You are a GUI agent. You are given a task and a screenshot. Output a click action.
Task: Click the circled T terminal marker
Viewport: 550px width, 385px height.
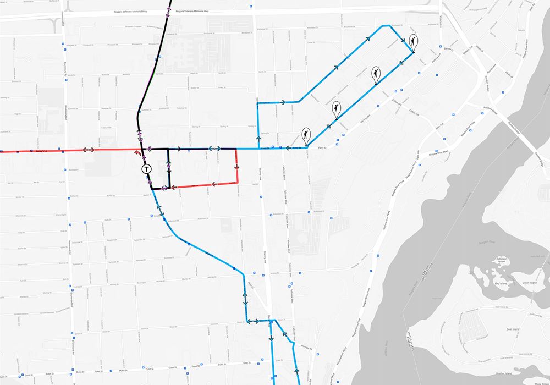point(146,169)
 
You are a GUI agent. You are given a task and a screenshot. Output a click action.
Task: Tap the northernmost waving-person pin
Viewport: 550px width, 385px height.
point(413,41)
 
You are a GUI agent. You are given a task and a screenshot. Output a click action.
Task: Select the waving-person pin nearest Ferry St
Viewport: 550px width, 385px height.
point(306,134)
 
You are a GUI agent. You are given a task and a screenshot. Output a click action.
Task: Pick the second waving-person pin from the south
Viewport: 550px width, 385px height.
point(337,108)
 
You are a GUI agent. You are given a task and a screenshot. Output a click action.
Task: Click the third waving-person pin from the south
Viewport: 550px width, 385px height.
point(376,74)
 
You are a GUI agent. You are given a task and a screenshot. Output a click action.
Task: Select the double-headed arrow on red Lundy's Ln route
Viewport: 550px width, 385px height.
point(89,150)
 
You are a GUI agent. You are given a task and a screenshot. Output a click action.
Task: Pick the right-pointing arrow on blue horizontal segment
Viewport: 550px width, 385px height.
point(284,102)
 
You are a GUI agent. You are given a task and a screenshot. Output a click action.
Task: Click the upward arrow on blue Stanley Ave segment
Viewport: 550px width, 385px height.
point(257,138)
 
